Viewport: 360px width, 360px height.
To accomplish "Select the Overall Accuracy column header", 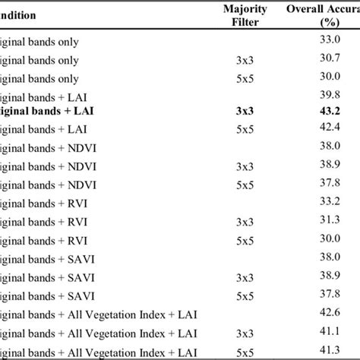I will [322, 14].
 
